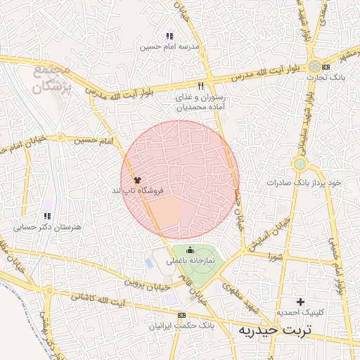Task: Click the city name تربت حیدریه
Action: (x=277, y=330)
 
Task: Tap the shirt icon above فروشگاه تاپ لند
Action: (x=137, y=181)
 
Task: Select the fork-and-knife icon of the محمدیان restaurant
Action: (x=200, y=86)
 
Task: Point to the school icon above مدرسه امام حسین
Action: (x=169, y=36)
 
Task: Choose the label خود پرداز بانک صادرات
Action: (x=304, y=182)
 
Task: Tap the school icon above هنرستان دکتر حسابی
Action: (x=47, y=217)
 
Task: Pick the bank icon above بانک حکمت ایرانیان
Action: (x=182, y=315)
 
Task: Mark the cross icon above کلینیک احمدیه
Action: (x=301, y=301)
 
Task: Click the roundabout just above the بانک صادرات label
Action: (x=300, y=165)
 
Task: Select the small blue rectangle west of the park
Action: (x=148, y=264)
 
